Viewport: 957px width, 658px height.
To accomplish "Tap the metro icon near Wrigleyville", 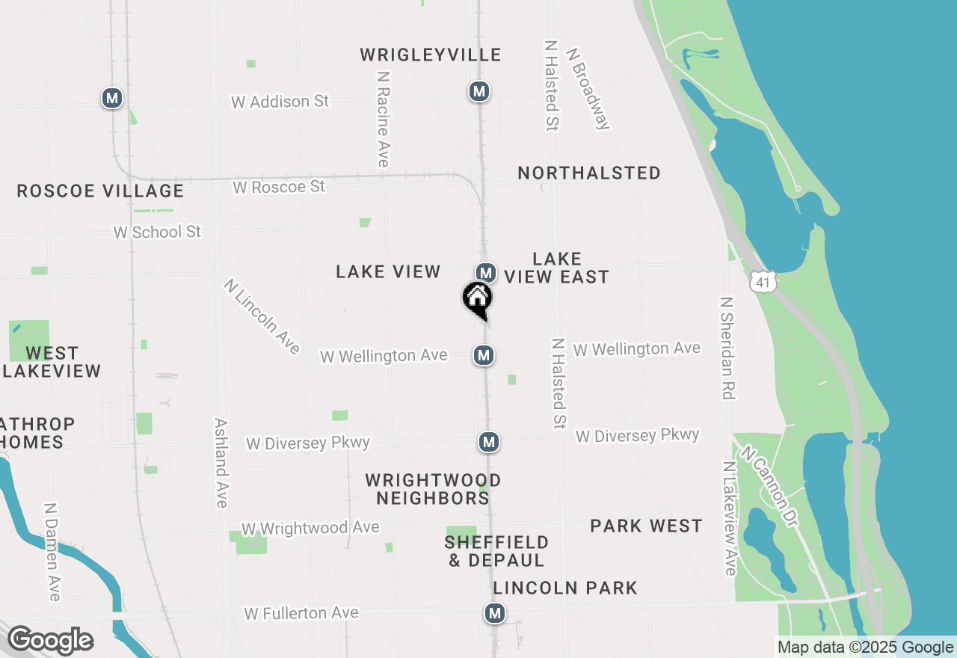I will [478, 91].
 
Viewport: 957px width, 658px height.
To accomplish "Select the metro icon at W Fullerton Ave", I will [494, 613].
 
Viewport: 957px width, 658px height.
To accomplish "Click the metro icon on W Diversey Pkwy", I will [489, 442].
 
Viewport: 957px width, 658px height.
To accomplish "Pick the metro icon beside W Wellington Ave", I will [484, 355].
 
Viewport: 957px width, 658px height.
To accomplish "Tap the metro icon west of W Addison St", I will [112, 97].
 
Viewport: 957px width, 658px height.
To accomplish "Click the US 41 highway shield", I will [762, 282].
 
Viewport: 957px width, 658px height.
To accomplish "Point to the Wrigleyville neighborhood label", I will [431, 55].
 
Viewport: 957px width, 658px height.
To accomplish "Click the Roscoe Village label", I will [100, 191].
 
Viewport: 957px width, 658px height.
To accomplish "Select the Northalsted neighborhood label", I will [589, 173].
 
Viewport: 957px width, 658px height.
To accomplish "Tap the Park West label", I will [646, 526].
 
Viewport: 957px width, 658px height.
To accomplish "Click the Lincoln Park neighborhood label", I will [565, 588].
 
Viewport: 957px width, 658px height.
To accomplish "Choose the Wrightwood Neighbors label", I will [433, 488].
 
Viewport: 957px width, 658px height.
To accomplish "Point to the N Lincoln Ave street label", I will [262, 316].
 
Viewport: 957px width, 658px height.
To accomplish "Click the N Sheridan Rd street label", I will [727, 348].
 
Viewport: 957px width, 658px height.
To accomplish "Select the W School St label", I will [157, 232].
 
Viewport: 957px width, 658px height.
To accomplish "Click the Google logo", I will [50, 640].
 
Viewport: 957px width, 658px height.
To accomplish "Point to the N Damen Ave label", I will [52, 551].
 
